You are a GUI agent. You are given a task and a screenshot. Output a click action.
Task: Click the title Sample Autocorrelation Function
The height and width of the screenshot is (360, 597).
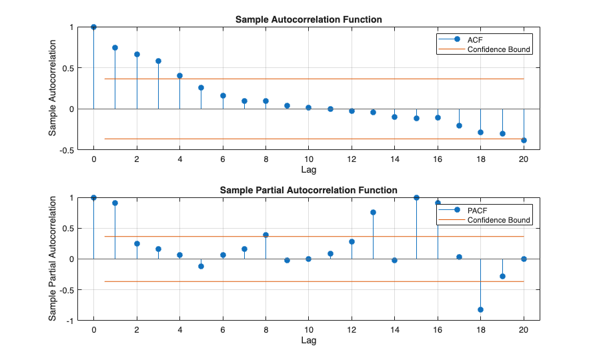coord(308,19)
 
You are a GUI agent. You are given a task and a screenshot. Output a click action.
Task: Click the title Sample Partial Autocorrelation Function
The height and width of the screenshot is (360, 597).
coord(308,190)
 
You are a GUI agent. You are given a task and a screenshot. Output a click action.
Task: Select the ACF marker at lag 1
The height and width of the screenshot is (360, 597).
coord(115,47)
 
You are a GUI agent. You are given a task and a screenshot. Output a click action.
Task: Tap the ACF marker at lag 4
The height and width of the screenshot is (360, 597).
coord(179,75)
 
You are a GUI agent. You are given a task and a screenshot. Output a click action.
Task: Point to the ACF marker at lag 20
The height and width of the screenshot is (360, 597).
coord(524,140)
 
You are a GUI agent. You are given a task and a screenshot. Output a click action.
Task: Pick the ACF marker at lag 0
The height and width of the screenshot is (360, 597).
coord(93,27)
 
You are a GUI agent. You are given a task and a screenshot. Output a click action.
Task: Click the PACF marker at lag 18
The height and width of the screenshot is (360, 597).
coord(480,309)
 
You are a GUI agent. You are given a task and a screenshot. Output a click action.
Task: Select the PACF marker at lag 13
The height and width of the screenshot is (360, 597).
coord(373,212)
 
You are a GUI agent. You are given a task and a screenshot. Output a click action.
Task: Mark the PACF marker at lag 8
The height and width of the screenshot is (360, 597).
coord(265,235)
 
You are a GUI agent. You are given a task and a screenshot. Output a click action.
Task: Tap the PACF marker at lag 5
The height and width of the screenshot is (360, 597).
coord(201,266)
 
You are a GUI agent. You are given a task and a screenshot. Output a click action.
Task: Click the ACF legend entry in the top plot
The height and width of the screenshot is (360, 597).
coord(476,39)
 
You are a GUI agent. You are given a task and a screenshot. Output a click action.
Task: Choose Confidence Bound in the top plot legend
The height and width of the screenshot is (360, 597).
coord(498,49)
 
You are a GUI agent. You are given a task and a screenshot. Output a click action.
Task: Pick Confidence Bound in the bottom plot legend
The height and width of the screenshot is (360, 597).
coord(498,220)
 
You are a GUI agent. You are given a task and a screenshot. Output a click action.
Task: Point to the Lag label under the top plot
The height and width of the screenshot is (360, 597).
coord(308,170)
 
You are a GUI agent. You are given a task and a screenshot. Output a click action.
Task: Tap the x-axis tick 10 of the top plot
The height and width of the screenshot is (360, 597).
coord(308,159)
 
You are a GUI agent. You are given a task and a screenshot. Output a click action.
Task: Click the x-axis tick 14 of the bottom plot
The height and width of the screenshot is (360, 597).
coord(394,330)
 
